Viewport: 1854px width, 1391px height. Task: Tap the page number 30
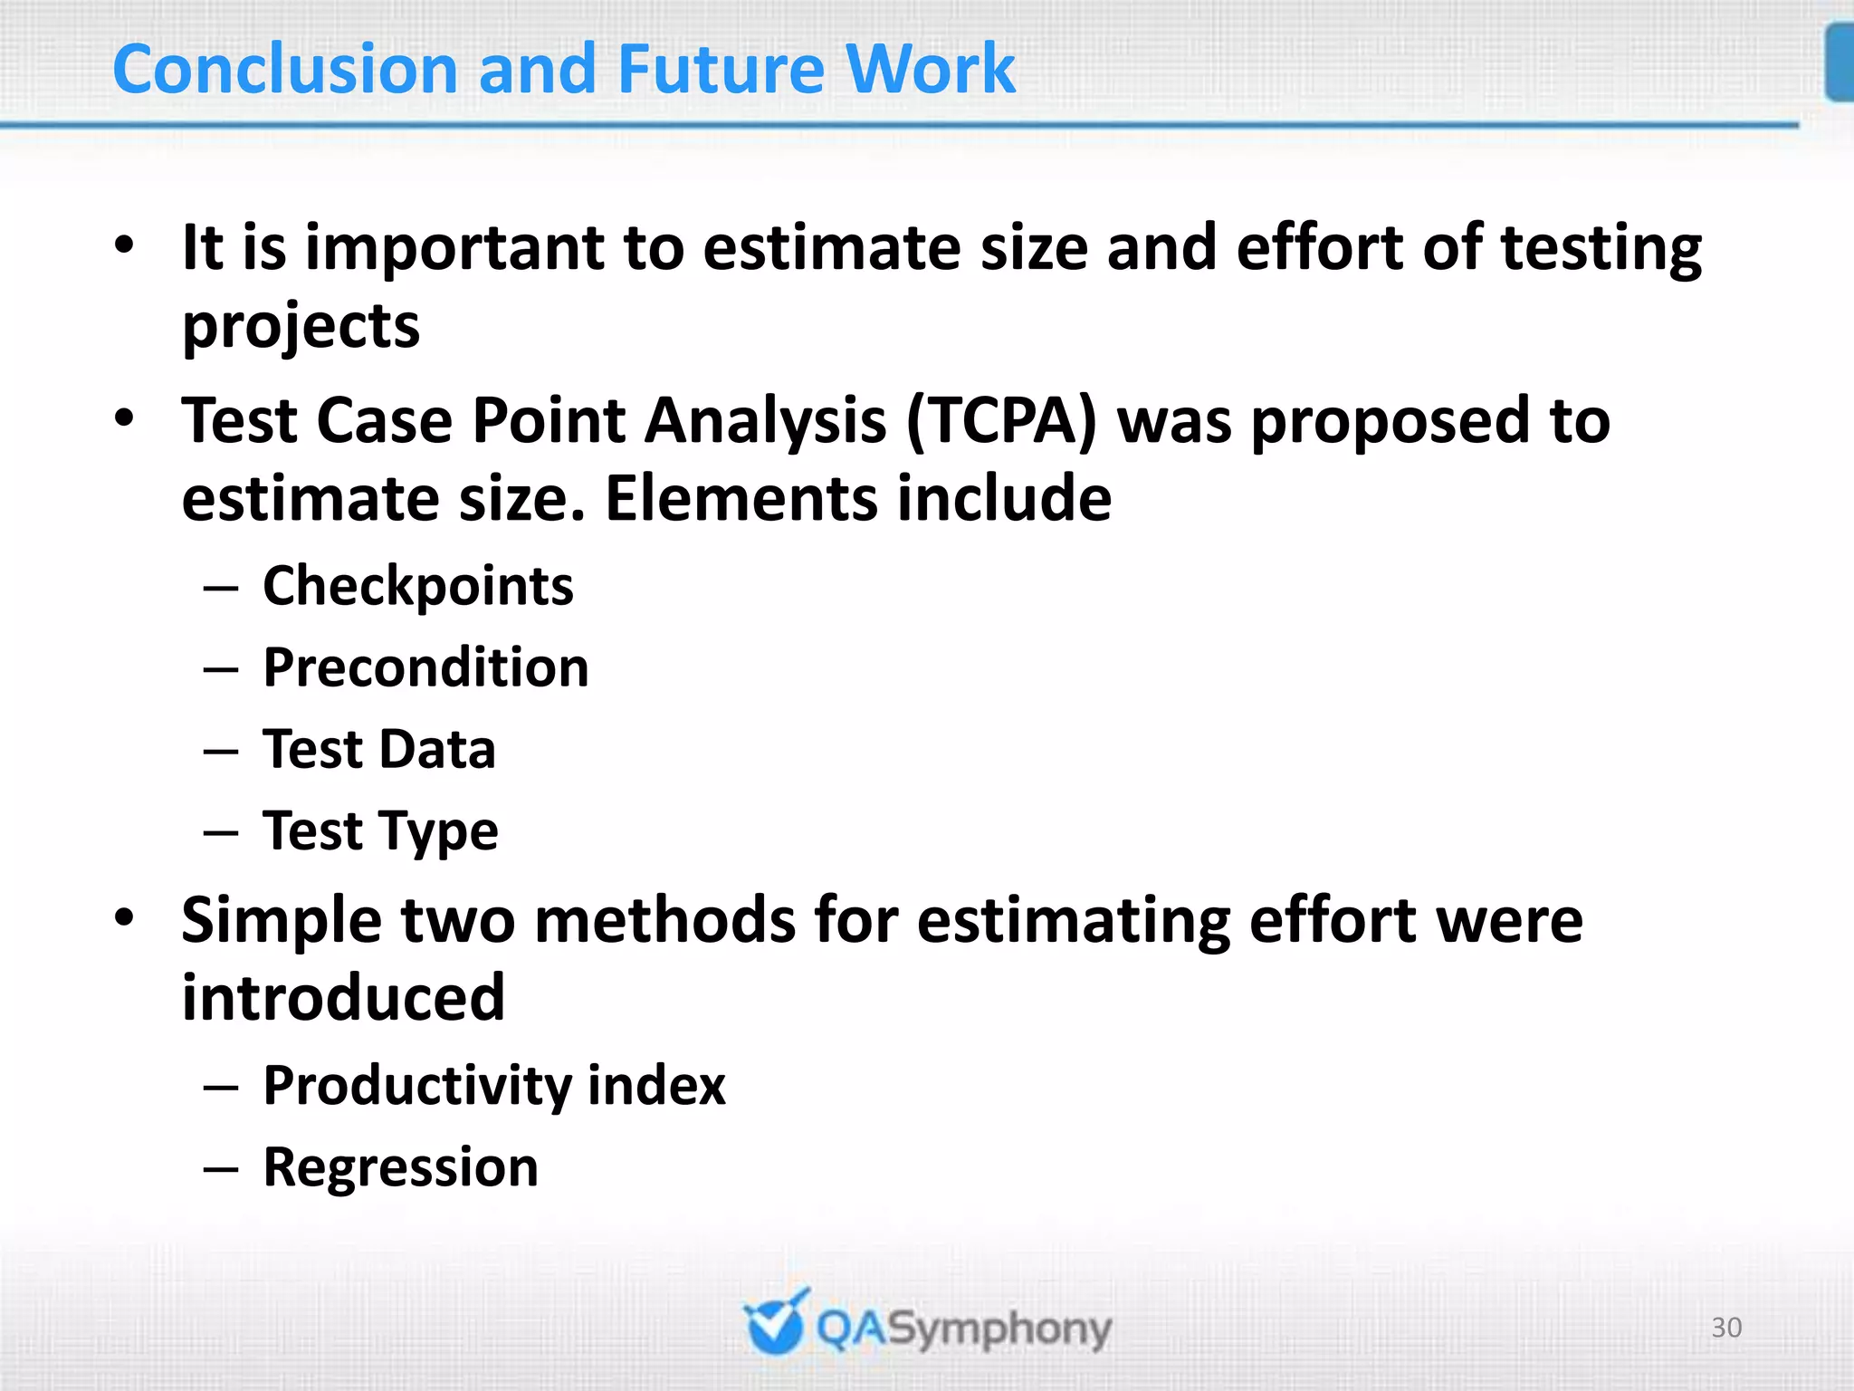(x=1726, y=1327)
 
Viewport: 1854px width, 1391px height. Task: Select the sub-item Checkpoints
(x=417, y=586)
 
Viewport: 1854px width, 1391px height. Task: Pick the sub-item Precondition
(x=425, y=668)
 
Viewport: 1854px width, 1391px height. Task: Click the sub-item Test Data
(x=378, y=750)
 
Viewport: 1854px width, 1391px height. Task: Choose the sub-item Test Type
(x=380, y=831)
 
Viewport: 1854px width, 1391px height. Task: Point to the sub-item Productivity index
(x=493, y=1085)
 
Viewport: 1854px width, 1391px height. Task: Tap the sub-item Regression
(x=400, y=1166)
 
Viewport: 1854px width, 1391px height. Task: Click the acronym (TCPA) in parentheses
(x=1000, y=421)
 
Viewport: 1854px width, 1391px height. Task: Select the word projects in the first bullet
(x=301, y=326)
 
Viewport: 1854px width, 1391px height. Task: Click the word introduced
(x=342, y=997)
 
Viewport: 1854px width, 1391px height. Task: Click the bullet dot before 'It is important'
(x=124, y=245)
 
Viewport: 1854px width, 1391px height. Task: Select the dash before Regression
(x=221, y=1168)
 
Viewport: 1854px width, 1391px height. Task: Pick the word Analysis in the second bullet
(x=765, y=421)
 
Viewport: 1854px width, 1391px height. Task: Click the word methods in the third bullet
(x=664, y=920)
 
